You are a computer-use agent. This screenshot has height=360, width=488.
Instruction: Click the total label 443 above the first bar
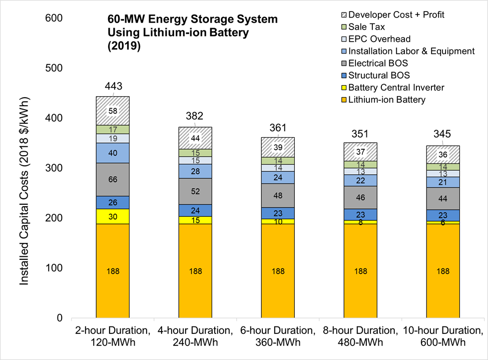(x=113, y=86)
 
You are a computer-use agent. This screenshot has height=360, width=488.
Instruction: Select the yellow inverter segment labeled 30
(x=113, y=216)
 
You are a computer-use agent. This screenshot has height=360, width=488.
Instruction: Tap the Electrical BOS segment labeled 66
(x=113, y=179)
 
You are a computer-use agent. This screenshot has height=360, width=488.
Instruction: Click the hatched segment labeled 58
(x=113, y=111)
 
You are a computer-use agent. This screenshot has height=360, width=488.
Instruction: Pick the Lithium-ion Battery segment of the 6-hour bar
(x=278, y=271)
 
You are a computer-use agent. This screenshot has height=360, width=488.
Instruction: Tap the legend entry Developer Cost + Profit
(x=396, y=15)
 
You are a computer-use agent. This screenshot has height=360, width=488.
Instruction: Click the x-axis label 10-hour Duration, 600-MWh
(x=443, y=336)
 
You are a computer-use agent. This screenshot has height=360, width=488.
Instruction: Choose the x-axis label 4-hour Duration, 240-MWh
(x=195, y=336)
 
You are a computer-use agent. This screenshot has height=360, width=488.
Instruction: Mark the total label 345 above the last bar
(x=443, y=134)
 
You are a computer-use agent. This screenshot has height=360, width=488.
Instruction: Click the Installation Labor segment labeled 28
(x=195, y=171)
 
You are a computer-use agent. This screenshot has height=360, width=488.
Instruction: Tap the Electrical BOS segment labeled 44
(x=443, y=198)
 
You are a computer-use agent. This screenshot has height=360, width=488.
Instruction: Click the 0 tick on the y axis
(x=60, y=318)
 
